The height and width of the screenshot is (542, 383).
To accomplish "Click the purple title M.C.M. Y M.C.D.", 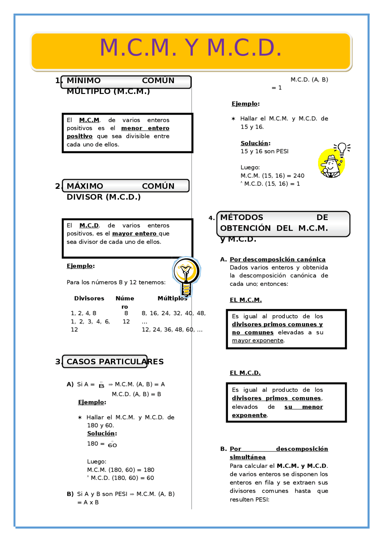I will click(x=191, y=48).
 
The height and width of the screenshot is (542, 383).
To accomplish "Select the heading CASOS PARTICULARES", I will click(x=115, y=362).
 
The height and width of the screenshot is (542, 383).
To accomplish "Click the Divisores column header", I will click(x=89, y=298).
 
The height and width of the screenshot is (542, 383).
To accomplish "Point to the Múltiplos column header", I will click(x=172, y=298).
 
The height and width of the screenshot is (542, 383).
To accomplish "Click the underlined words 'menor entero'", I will click(x=145, y=128).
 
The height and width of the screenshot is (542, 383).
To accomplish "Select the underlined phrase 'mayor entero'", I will click(x=134, y=233).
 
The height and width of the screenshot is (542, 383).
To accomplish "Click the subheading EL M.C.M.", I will click(x=246, y=300).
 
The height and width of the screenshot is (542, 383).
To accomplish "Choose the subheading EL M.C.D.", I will click(x=245, y=373).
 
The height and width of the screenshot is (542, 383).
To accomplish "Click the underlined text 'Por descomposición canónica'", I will click(x=277, y=259).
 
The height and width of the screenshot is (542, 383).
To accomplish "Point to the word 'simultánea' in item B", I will click(x=247, y=457).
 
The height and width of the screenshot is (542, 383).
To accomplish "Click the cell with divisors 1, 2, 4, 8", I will click(x=83, y=313).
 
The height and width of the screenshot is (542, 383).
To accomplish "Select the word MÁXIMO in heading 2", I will click(x=85, y=186).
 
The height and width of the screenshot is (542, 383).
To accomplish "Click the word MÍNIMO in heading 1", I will click(x=83, y=81).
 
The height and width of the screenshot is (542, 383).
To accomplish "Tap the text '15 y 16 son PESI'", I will click(x=265, y=151).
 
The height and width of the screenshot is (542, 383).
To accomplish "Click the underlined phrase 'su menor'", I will click(x=303, y=407).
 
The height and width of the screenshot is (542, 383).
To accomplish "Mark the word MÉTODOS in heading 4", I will click(x=241, y=217).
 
